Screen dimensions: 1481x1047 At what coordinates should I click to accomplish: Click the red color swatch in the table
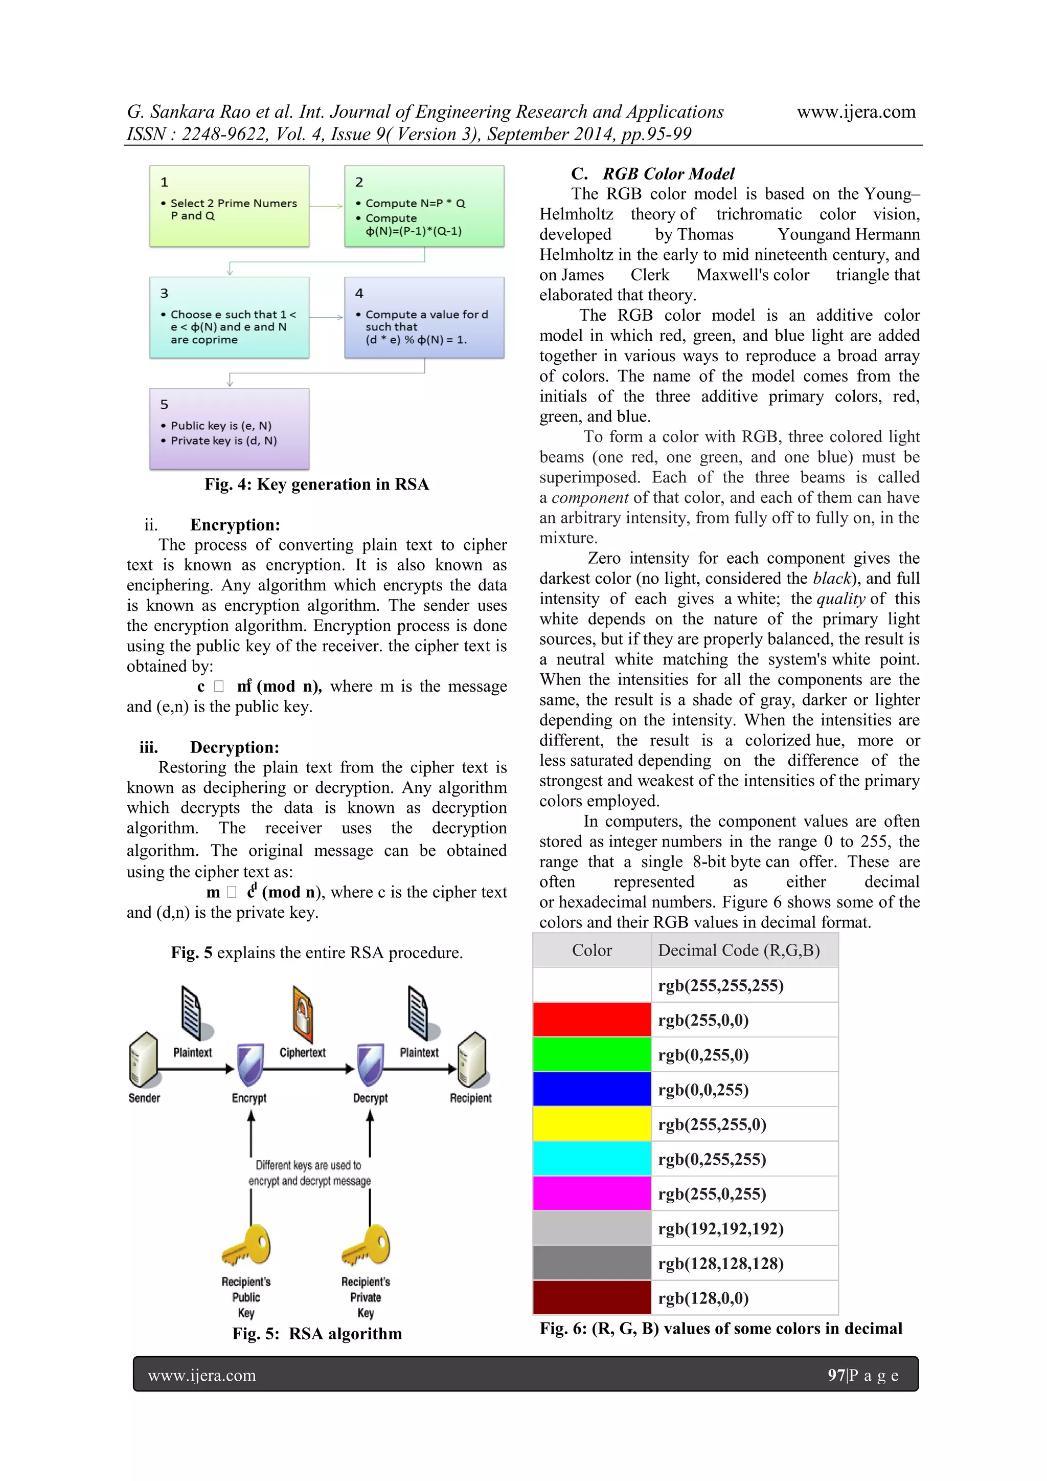(x=592, y=1020)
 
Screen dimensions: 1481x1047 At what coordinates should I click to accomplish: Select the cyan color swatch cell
(x=592, y=1159)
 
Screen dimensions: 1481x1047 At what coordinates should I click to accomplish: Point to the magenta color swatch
(x=592, y=1193)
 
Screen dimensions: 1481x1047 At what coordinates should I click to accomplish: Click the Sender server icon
(x=143, y=1060)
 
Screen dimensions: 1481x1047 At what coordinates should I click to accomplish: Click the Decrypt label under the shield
(x=370, y=1098)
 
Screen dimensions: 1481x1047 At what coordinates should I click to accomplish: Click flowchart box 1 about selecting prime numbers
(x=230, y=206)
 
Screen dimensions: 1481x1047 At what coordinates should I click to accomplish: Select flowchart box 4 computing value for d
(x=424, y=317)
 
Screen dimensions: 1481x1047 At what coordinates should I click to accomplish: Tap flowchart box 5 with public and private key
(x=230, y=428)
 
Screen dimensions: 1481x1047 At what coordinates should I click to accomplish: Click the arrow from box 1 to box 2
(x=326, y=206)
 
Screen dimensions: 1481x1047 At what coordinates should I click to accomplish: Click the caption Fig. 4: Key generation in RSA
(x=316, y=484)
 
